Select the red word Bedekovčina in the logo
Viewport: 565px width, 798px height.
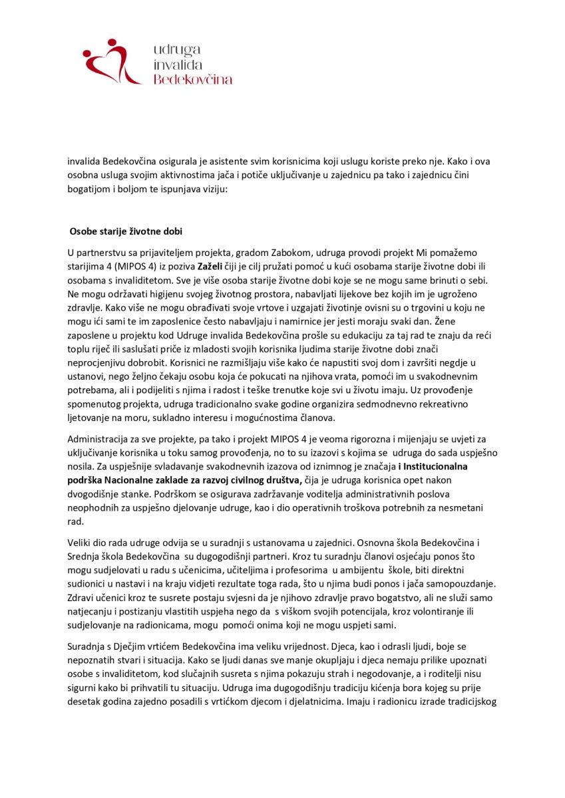[x=193, y=79]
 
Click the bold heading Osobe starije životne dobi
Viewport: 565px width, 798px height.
[x=126, y=231]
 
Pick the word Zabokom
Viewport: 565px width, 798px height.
[x=269, y=253]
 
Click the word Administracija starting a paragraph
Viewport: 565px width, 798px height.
[x=98, y=440]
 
